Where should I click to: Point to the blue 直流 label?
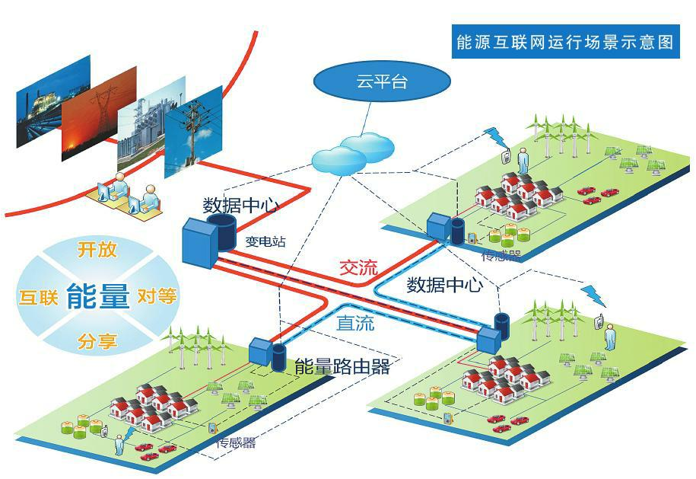tap(355, 323)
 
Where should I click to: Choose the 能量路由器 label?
tap(342, 367)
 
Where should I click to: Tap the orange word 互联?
tap(38, 297)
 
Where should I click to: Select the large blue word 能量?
tap(97, 295)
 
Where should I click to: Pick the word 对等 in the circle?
tap(157, 296)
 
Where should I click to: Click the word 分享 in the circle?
tap(97, 341)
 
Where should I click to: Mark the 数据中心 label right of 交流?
tap(445, 285)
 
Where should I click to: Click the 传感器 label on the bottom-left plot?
tap(237, 443)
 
